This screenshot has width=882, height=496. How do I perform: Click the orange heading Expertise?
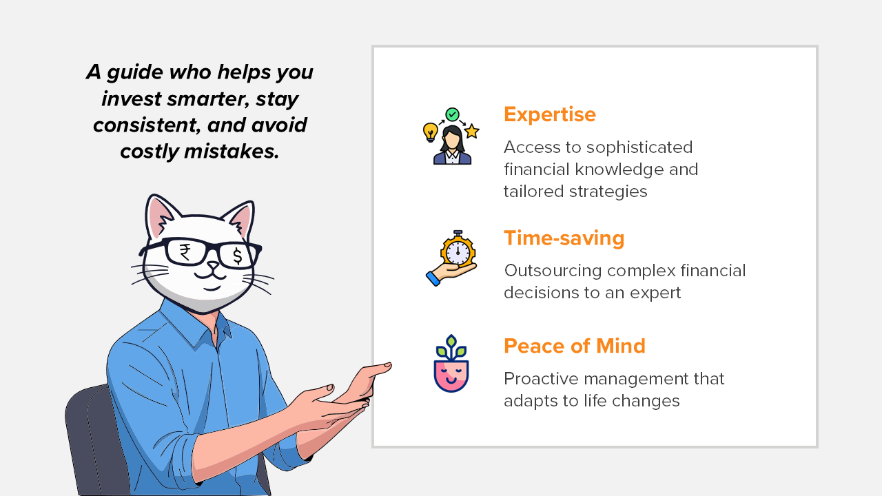click(x=550, y=114)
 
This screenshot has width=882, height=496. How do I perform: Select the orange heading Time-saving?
click(x=564, y=238)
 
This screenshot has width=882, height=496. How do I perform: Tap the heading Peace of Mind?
click(x=575, y=346)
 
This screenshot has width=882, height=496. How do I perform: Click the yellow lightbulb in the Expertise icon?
click(x=431, y=132)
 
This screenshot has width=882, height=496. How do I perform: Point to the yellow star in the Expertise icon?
click(x=472, y=131)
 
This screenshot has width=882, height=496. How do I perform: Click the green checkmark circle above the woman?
click(x=453, y=114)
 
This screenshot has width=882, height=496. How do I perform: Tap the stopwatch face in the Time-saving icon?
click(x=458, y=251)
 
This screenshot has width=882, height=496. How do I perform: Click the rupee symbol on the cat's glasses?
click(x=185, y=252)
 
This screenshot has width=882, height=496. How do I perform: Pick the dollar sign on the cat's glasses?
click(x=238, y=256)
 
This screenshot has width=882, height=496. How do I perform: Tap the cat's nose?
click(x=213, y=267)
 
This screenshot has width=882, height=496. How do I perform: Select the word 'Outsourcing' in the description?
click(x=553, y=271)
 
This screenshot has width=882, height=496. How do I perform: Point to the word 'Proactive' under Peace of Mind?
click(x=542, y=379)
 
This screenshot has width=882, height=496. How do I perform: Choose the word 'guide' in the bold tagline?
click(x=134, y=73)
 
